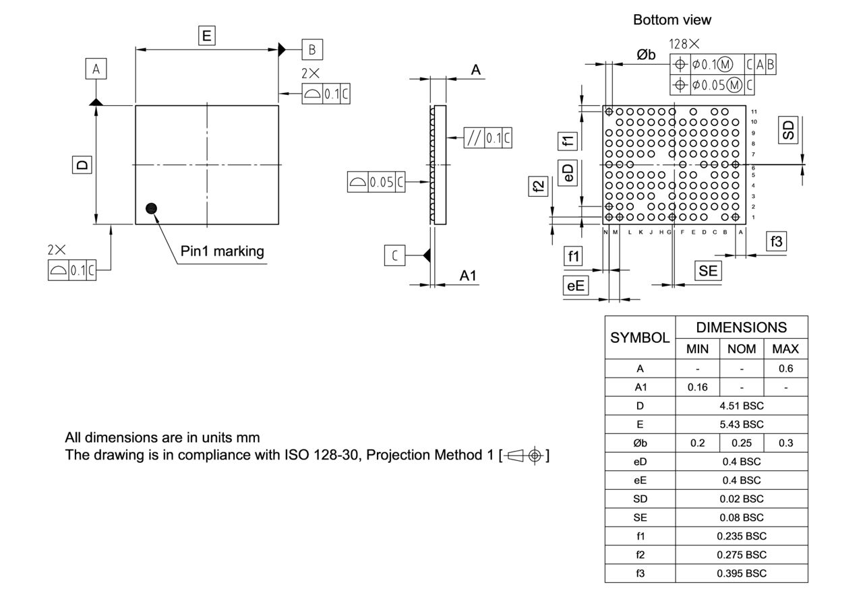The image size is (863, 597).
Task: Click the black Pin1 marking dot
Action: point(151,208)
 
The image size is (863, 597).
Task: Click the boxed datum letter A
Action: point(96,69)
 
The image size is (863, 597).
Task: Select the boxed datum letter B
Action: point(311,49)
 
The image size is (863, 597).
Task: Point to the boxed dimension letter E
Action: point(207,36)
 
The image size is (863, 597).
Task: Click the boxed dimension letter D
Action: point(82,165)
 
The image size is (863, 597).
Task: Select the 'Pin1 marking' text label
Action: point(222,251)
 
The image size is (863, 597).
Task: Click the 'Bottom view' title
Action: point(672,20)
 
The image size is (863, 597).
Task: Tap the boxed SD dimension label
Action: point(787,129)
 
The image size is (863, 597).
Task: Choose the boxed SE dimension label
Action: point(708,271)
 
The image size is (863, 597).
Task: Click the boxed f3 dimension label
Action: point(777,241)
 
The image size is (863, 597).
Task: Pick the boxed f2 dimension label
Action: point(537,186)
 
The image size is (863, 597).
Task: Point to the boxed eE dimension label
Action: point(575,286)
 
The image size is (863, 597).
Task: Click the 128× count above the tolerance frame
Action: point(684,44)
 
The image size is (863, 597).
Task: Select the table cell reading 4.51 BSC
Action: point(741,406)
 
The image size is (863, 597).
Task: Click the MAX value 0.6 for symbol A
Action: point(785,369)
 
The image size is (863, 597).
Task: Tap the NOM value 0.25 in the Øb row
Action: point(741,443)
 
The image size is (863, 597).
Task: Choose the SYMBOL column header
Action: point(640,338)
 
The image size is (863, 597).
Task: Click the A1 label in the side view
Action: point(468,276)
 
